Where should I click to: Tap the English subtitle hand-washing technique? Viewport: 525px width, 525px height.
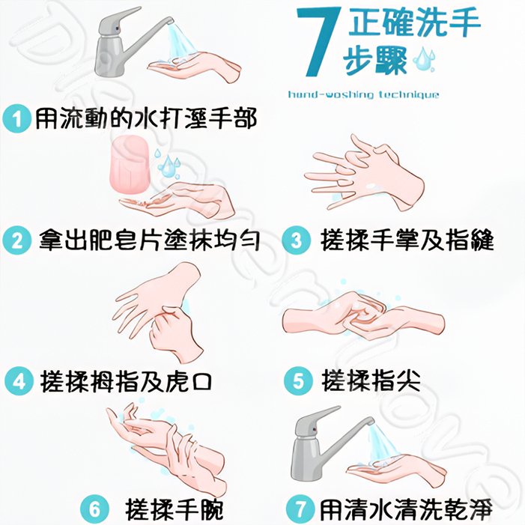tap(364, 95)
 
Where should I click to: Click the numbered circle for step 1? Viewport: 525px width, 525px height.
tap(16, 119)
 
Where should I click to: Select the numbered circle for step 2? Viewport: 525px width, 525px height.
tap(16, 240)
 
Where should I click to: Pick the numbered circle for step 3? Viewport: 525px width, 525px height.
tap(297, 240)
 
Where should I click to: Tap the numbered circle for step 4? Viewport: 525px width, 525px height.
tap(19, 381)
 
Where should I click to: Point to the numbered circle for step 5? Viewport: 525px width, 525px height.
tap(298, 381)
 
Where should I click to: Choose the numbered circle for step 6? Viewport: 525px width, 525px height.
tap(95, 509)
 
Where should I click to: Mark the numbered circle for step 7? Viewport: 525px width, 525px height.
tap(300, 509)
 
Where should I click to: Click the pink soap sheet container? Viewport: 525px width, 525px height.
tap(130, 164)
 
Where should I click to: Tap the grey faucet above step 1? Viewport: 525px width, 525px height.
tap(124, 43)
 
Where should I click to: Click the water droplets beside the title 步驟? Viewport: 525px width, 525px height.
tap(424, 60)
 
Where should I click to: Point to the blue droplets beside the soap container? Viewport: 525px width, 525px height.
tap(168, 163)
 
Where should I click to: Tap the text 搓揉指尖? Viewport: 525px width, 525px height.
tap(371, 380)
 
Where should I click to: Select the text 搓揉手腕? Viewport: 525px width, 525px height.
tap(174, 509)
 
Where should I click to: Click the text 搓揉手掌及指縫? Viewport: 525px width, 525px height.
tap(407, 240)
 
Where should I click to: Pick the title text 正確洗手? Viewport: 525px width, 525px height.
tap(414, 22)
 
